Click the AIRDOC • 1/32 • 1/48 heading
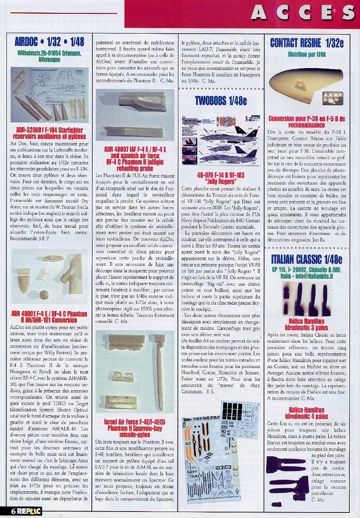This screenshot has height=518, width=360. click(49, 42)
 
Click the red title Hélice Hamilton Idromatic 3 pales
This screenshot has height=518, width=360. click(307, 324)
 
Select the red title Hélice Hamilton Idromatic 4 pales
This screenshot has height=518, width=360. click(307, 413)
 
